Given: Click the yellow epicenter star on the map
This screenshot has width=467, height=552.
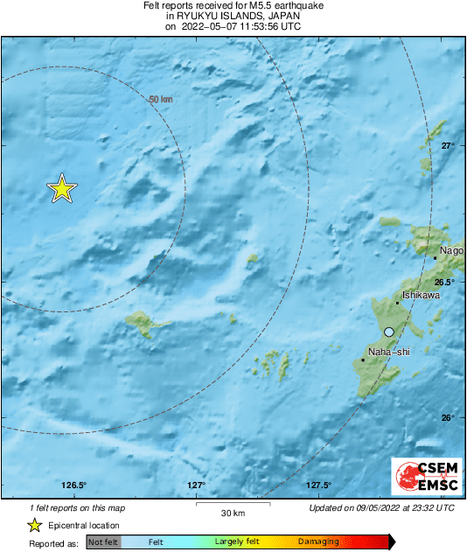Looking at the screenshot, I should [61, 188].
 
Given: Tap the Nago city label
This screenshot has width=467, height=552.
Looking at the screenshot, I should [452, 250].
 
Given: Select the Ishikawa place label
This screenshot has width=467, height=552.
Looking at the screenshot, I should [420, 296].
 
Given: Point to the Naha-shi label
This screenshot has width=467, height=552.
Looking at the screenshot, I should [388, 352].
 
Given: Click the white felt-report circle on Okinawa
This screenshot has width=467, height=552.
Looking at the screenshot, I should [388, 332].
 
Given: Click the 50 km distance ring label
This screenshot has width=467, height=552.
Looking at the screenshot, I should [161, 101].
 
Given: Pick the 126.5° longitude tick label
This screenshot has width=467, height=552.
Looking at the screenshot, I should [74, 486].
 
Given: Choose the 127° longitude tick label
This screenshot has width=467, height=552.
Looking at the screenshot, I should [197, 486].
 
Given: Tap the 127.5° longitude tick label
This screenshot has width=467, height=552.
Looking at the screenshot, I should [318, 486].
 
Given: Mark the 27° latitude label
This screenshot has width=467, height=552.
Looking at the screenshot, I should [447, 145].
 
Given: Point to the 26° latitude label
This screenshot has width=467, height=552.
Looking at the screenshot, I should [447, 417].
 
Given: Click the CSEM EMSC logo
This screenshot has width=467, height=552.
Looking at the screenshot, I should [422, 477].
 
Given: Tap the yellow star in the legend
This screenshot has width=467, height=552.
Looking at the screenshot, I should [34, 525].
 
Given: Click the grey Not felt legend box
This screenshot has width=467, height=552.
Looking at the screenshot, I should [103, 542].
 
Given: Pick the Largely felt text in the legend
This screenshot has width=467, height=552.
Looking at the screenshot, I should [234, 542].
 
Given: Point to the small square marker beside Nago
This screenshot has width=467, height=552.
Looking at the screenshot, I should [435, 258].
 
